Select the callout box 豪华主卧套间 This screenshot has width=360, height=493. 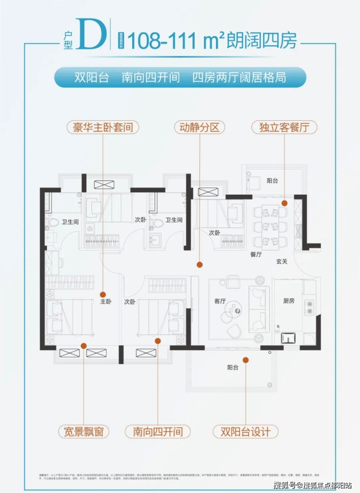103,128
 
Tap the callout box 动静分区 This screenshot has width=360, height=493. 199,128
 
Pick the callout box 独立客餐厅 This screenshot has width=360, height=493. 284,128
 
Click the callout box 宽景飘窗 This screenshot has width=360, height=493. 83,431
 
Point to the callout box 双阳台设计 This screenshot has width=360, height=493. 246,431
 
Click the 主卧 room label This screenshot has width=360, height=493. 106,302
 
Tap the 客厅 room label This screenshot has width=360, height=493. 220,301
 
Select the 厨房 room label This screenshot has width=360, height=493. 289,301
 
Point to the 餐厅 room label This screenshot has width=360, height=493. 256,254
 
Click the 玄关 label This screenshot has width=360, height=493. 282,261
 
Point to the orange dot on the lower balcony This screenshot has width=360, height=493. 246,360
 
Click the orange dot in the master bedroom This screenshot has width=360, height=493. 103,294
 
